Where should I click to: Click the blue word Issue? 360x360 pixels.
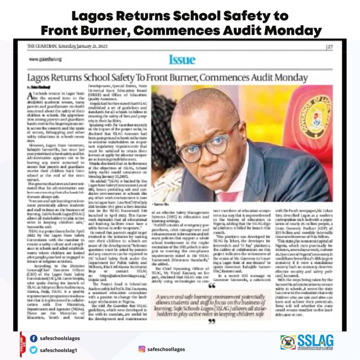182,59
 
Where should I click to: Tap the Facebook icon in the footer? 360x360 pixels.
34,339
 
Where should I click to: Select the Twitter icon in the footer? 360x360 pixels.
34,350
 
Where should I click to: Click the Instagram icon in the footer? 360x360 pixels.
142,349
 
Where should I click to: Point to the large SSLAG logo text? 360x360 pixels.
315,340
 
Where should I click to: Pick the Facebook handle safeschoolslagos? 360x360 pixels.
60,339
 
